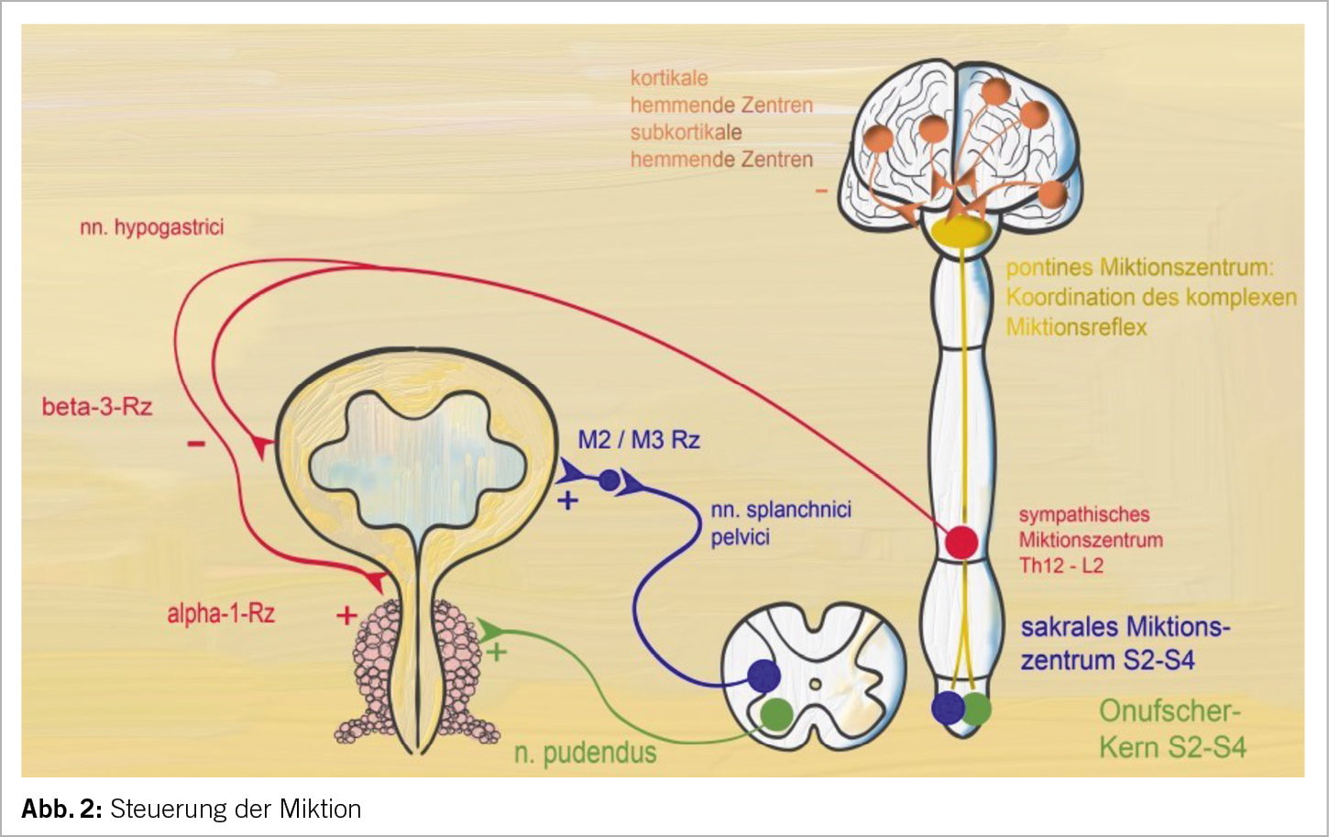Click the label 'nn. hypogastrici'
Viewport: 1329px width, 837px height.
[x=151, y=227]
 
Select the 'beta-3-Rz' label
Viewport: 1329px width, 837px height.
[x=97, y=407]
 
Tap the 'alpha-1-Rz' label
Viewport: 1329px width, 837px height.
[x=221, y=613]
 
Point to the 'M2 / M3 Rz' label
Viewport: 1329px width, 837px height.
[x=639, y=441]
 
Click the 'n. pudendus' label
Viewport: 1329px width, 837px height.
[x=586, y=754]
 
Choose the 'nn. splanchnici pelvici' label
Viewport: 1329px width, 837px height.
[x=780, y=523]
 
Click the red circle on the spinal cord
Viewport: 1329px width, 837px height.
[x=961, y=542]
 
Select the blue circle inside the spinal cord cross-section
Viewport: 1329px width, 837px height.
[x=763, y=676]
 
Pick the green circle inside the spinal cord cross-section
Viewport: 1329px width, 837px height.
[x=777, y=712]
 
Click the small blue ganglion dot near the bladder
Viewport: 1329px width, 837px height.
[x=609, y=479]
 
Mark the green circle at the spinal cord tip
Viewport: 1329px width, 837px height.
[x=977, y=708]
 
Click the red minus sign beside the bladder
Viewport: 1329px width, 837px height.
[x=196, y=445]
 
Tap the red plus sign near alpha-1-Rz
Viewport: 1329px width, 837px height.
[x=346, y=615]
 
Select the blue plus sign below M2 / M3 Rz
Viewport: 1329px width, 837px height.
[x=568, y=501]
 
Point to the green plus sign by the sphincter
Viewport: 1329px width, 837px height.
[x=496, y=653]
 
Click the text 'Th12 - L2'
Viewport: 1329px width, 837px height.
[x=1061, y=566]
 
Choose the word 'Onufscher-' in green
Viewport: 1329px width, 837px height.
[x=1169, y=711]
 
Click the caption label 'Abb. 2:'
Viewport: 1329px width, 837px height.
[x=61, y=809]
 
